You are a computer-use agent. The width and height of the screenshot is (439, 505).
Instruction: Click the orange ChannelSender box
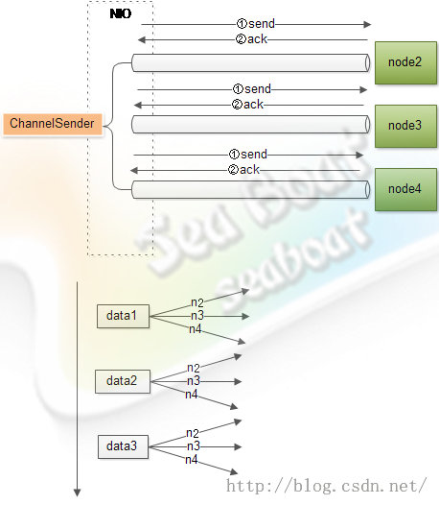tap(53, 124)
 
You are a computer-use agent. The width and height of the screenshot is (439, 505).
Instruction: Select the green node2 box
tap(405, 62)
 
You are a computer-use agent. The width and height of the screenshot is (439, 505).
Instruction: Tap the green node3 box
tap(405, 126)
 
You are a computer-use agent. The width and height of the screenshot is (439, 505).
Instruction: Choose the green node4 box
tap(405, 189)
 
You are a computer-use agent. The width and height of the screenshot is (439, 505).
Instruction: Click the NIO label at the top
tap(121, 13)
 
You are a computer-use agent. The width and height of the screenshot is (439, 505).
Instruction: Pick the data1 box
tap(123, 316)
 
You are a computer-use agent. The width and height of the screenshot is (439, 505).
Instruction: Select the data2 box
tap(123, 381)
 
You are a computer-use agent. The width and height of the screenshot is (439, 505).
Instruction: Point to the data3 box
tap(123, 446)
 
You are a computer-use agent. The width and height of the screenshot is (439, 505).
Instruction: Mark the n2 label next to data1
tap(197, 302)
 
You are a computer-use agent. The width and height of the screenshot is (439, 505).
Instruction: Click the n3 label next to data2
tap(194, 381)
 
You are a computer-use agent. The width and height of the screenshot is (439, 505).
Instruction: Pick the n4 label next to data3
tap(192, 460)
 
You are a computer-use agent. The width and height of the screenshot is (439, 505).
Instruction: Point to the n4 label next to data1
tap(196, 329)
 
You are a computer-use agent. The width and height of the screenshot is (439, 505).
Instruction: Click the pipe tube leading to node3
tap(251, 124)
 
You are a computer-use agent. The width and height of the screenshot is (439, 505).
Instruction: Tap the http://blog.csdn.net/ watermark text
tap(327, 486)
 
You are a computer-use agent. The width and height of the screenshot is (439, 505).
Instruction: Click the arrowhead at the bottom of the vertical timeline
tap(78, 493)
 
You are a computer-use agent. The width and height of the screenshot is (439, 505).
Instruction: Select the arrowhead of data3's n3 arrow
tap(238, 446)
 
